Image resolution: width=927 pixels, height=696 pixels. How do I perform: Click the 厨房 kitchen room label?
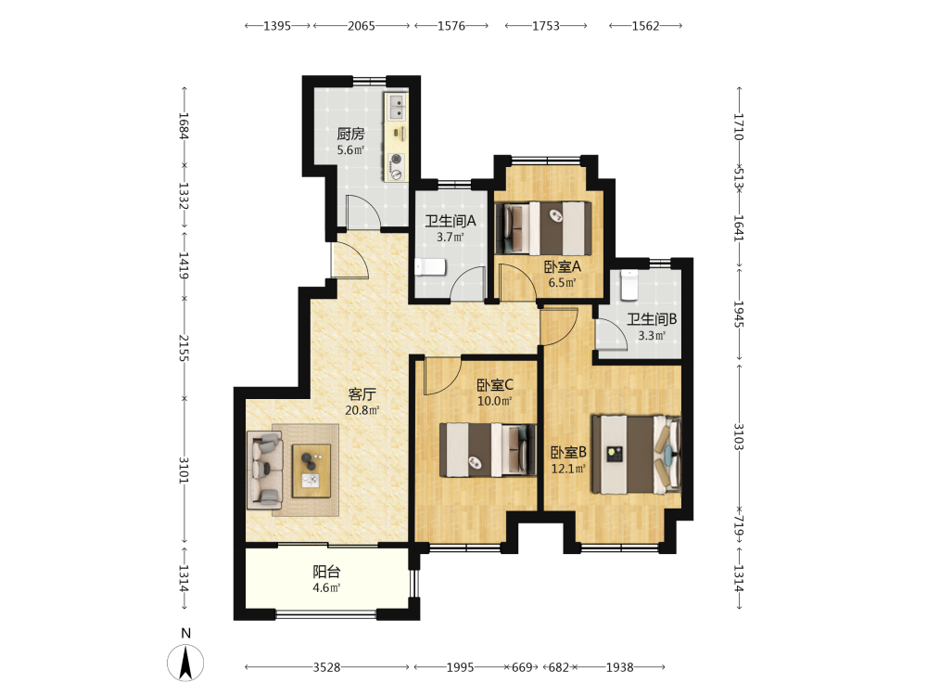pos(350,135)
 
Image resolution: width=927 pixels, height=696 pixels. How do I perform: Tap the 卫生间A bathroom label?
pos(451,222)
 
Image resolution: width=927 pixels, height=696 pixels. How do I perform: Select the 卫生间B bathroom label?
pos(652,319)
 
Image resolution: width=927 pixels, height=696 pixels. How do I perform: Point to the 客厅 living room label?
pos(362,394)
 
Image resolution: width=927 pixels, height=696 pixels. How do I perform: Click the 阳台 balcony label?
pos(326,572)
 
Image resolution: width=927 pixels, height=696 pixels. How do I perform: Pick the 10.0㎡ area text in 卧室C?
pos(495,401)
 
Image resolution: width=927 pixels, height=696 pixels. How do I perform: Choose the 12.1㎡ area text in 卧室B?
pos(568,469)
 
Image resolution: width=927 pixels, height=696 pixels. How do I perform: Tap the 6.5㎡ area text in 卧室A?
pos(562,282)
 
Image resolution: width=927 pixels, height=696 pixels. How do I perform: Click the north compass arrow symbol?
pos(185,663)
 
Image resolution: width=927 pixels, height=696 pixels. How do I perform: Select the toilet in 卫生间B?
pos(628,285)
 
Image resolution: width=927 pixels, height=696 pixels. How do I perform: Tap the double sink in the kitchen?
pos(397,107)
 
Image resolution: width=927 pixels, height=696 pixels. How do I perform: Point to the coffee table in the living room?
pos(311,470)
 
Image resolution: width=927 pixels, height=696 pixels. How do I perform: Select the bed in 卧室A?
pos(543,228)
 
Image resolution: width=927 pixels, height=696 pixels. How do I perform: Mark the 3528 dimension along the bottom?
pos(326,667)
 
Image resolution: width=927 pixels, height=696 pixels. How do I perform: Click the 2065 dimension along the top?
pos(362,26)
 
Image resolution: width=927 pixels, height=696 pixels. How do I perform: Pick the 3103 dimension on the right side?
pos(739,436)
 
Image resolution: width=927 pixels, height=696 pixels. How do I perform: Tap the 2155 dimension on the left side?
pos(184,348)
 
